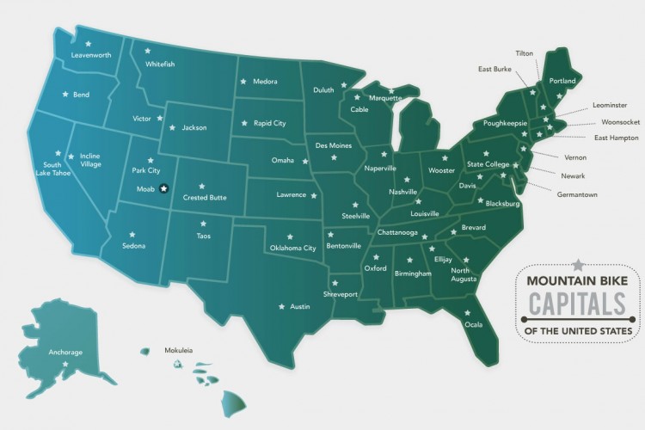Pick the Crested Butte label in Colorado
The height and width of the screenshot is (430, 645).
point(205,197)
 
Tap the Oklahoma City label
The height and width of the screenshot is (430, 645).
point(293,248)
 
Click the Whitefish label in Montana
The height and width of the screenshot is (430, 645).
point(160,64)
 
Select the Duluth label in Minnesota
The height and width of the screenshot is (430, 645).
point(323,89)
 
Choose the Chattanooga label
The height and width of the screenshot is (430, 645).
point(396,232)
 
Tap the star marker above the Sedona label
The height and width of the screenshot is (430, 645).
point(132,232)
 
